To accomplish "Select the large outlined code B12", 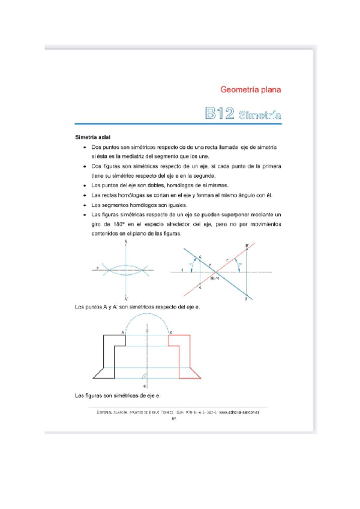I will click(x=219, y=114).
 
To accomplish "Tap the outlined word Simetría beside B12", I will click(x=259, y=115).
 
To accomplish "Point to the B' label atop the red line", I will click(x=247, y=245).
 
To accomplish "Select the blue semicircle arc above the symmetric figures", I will click(x=146, y=321).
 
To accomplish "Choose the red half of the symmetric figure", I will click(x=185, y=357).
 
